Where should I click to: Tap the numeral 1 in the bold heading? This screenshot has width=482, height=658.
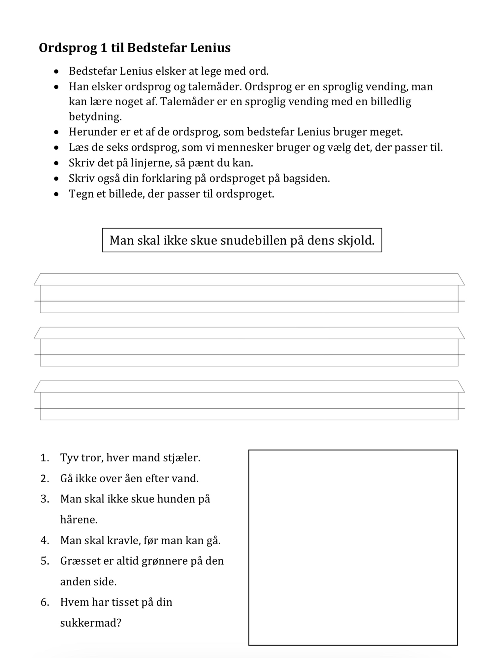tap(104, 48)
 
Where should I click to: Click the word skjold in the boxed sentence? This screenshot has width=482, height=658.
tap(355, 240)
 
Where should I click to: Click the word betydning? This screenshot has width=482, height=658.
tap(95, 117)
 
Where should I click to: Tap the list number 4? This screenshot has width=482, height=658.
tap(45, 541)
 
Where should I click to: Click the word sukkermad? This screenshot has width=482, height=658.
tap(90, 623)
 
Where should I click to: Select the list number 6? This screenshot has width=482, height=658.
tap(45, 602)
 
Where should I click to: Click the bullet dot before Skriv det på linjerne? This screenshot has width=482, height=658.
tap(57, 163)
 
